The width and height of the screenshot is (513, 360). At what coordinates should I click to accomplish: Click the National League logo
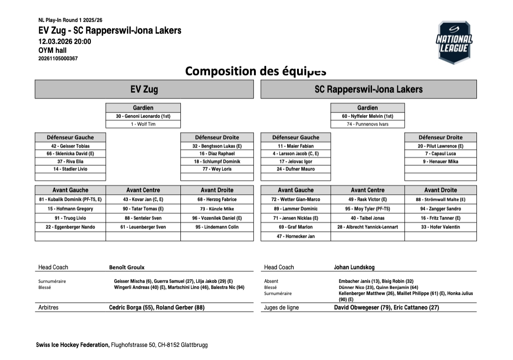click(x=454, y=42)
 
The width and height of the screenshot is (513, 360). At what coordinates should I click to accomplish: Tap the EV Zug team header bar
click(x=144, y=89)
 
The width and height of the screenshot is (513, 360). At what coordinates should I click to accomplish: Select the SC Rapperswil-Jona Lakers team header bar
click(x=368, y=89)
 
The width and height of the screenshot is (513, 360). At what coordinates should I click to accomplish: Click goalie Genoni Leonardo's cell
click(x=143, y=116)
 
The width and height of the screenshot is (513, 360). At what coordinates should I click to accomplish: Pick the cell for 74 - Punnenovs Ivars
click(x=367, y=124)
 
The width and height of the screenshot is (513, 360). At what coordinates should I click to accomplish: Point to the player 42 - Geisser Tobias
click(x=70, y=146)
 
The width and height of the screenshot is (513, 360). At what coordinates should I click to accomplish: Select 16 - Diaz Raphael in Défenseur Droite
click(x=217, y=154)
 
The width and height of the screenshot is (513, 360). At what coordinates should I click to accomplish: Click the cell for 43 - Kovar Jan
click(x=143, y=199)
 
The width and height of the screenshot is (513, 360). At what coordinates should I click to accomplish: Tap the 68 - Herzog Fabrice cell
click(x=217, y=199)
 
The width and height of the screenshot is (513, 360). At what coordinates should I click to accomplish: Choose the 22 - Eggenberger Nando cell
click(x=70, y=227)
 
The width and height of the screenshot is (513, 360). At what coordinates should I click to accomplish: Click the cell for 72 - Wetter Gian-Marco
click(x=296, y=199)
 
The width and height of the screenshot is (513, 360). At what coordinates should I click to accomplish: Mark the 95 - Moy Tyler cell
click(x=367, y=209)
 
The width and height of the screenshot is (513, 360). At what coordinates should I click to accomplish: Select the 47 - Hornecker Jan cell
click(x=296, y=236)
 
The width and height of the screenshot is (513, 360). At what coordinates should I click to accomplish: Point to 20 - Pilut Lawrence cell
click(x=440, y=146)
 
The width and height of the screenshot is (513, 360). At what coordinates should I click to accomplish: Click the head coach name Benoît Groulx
click(x=127, y=267)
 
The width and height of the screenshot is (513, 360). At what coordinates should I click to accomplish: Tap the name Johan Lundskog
click(x=354, y=267)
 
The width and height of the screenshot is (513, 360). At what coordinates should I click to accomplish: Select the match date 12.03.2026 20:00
click(x=65, y=41)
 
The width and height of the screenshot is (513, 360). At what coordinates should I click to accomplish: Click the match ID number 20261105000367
click(x=58, y=59)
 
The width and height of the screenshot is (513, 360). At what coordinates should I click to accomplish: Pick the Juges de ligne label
click(x=282, y=308)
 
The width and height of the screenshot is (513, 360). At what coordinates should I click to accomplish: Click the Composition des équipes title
click(x=255, y=71)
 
